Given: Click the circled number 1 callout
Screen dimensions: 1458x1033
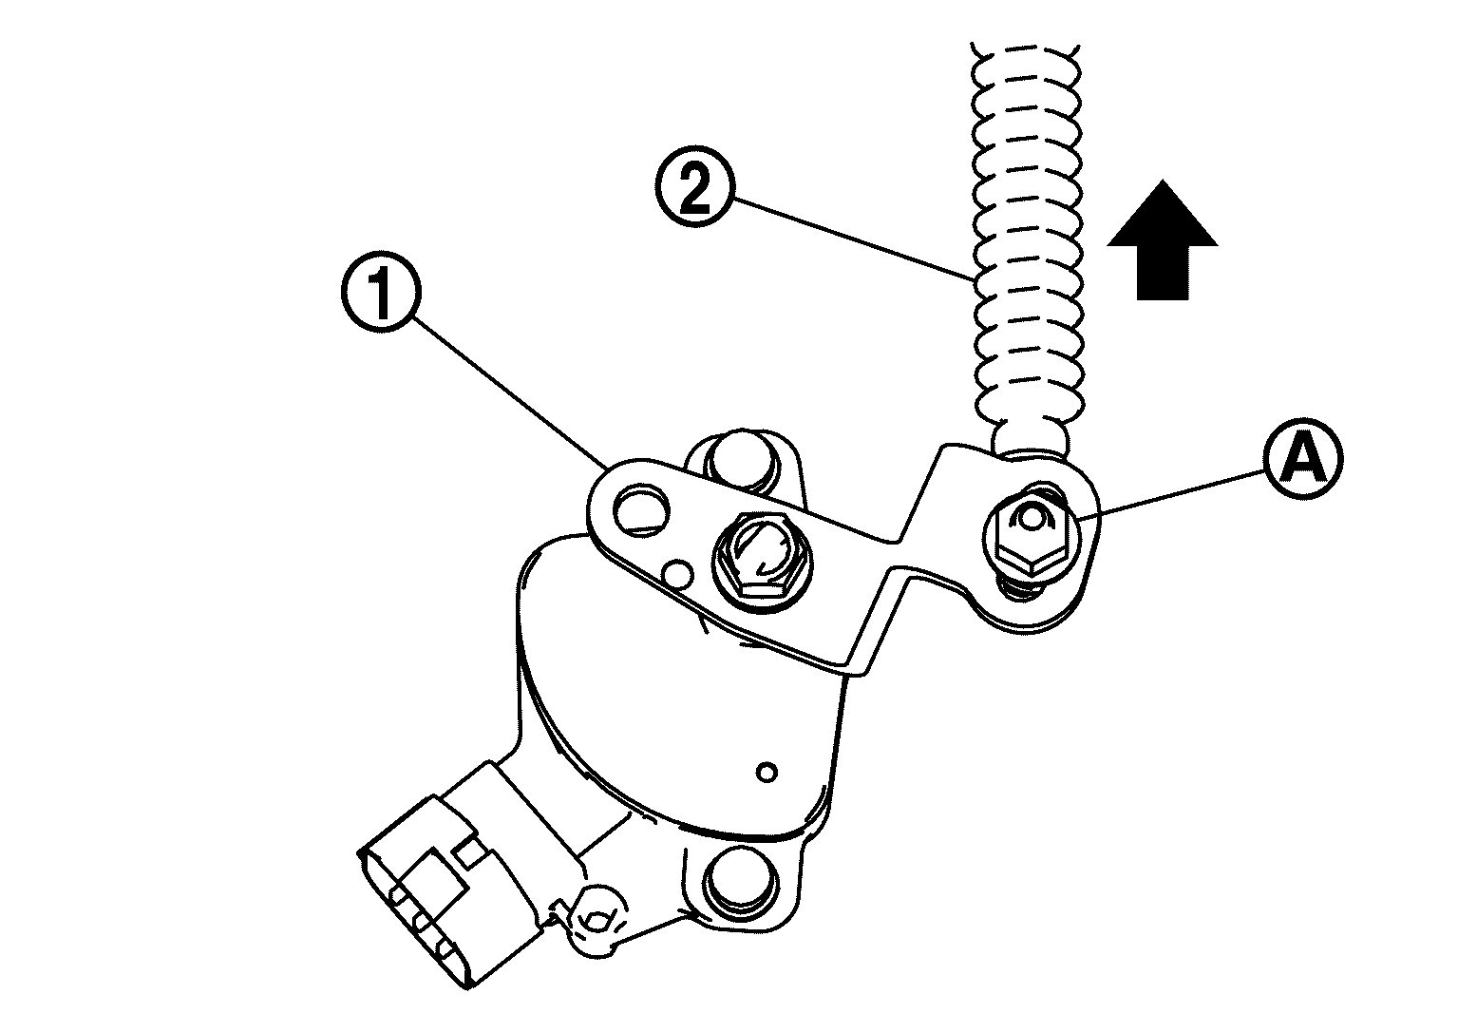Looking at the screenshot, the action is coord(382,292).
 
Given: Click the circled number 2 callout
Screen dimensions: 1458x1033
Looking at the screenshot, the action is coord(694,187).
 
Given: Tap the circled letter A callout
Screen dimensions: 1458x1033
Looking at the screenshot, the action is coord(1303,460).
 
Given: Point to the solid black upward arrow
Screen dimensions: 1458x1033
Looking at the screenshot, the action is coord(1163,240).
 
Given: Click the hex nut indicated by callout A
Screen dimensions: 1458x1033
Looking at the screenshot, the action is coord(1032,531).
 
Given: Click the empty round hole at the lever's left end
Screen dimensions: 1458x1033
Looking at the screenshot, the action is coord(641,508).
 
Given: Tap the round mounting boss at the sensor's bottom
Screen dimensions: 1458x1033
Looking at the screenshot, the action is coord(742,881).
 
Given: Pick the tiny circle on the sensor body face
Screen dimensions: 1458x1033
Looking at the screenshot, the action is coord(768,774).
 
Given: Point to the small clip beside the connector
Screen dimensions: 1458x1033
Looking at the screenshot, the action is coord(596,921).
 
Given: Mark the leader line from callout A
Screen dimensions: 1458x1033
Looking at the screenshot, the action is coord(1171,496).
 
